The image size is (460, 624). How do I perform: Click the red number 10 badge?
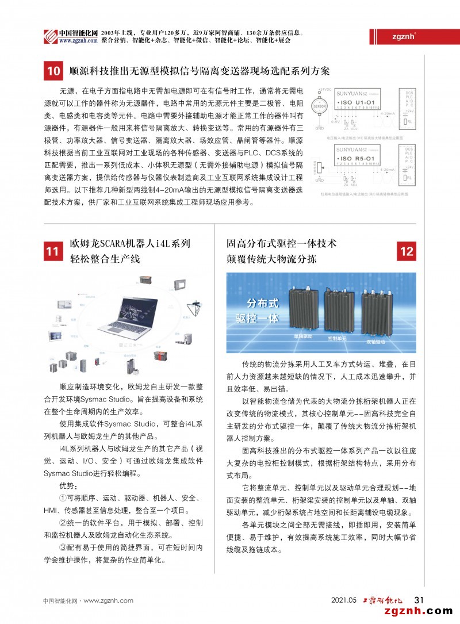53,72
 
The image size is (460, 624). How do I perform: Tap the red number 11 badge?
53,251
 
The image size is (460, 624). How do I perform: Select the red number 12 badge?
407,251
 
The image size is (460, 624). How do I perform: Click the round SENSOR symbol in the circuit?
319,107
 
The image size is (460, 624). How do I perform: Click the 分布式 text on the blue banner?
262,303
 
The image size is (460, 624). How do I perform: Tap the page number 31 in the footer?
419,600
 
